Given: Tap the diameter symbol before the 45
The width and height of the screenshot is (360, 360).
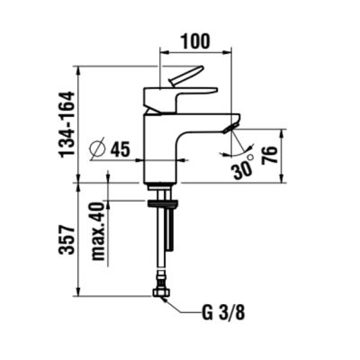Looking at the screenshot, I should pos(99,149).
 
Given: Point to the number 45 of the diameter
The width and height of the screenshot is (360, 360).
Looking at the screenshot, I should pos(121,149).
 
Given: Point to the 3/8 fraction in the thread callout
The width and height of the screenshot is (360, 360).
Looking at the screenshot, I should pos(231,314).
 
